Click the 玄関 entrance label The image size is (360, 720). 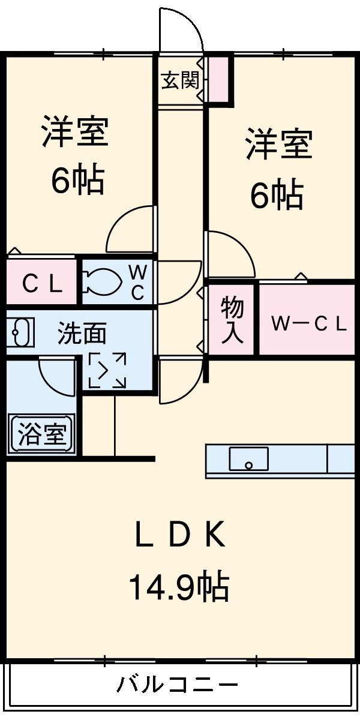point(180,80)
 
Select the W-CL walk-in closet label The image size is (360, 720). point(308,325)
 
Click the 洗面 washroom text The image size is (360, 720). point(82,334)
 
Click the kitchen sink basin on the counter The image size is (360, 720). point(248,459)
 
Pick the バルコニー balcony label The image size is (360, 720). point(178,685)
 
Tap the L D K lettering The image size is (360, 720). point(179,535)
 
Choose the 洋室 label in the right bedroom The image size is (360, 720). point(278,145)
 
